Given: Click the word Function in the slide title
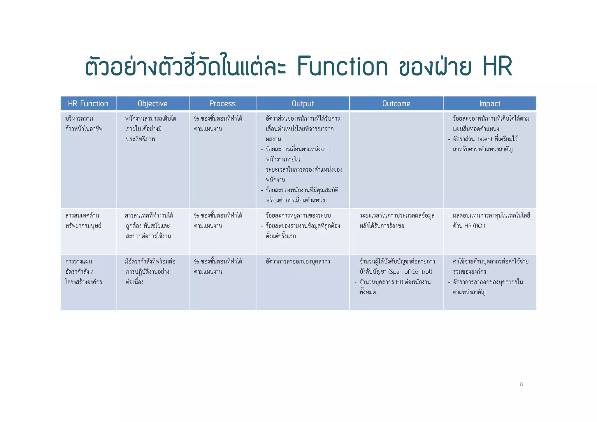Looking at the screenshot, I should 343,66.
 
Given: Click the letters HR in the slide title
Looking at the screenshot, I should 497,66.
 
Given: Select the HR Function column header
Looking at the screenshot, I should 88,103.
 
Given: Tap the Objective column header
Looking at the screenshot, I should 152,103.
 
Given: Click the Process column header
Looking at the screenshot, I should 222,103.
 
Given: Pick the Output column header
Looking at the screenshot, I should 303,103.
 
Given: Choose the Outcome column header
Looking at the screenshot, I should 396,103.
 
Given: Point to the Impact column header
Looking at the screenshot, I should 490,103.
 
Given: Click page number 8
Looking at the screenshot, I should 521,384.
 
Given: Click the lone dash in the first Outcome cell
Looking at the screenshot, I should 355,119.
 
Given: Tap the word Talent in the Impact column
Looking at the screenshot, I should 484,139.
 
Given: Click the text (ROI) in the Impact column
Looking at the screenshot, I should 479,226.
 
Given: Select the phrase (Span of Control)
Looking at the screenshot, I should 410,272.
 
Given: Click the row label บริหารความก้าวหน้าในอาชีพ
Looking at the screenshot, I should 84,124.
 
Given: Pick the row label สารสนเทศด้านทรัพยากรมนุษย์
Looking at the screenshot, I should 83,221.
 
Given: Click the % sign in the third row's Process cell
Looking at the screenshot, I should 196,262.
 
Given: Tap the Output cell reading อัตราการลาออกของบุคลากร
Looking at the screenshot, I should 298,262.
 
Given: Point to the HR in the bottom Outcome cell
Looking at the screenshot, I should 399,282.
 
